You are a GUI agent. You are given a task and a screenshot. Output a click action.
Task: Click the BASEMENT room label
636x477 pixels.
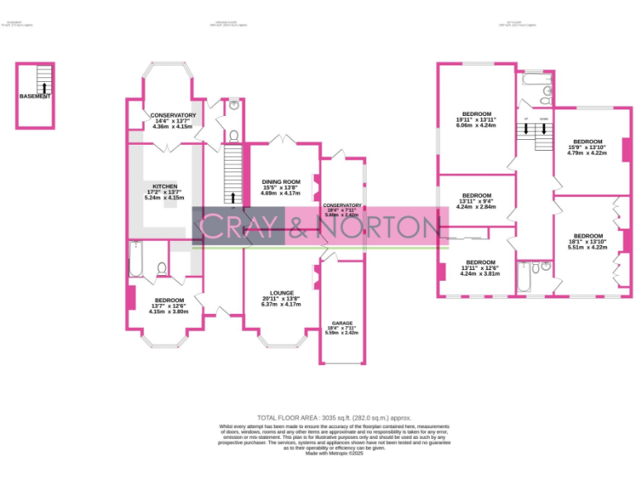click(x=35, y=96)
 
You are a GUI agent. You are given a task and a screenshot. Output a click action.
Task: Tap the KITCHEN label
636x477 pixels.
click(x=161, y=185)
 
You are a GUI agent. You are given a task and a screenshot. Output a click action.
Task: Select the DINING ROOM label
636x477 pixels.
click(x=281, y=181)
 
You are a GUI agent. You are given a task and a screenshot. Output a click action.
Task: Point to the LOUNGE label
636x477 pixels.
click(x=282, y=293)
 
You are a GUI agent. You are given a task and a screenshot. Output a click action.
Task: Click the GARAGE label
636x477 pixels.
click(x=342, y=323)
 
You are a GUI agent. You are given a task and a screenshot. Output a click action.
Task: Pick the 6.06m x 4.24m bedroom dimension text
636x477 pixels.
click(x=476, y=126)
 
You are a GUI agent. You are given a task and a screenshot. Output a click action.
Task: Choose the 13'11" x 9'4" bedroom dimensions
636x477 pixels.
click(x=476, y=200)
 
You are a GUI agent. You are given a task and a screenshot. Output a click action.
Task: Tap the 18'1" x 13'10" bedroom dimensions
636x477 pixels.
click(x=587, y=241)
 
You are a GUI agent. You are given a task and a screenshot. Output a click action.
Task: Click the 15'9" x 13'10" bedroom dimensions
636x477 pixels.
click(x=587, y=147)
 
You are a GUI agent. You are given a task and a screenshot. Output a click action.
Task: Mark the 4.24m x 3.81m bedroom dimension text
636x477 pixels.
click(x=476, y=272)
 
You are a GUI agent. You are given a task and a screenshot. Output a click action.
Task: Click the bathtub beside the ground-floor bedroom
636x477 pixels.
click(x=137, y=260)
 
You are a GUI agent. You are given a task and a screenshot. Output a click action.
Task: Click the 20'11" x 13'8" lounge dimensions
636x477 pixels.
click(x=282, y=299)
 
